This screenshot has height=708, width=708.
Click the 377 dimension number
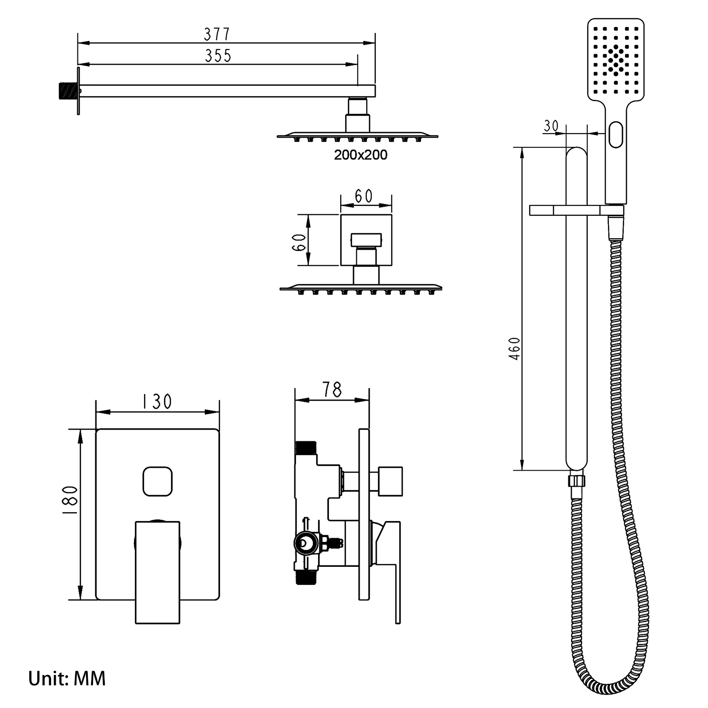(x=217, y=34)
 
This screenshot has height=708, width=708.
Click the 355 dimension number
(x=218, y=56)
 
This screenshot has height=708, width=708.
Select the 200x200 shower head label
(x=361, y=155)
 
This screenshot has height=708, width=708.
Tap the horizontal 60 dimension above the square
(x=363, y=196)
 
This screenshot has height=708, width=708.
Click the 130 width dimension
(x=157, y=402)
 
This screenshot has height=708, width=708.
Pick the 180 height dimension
(x=70, y=499)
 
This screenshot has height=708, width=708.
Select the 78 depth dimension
(x=332, y=390)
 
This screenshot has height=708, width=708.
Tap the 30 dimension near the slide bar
(x=551, y=126)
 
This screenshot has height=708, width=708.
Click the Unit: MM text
(x=67, y=679)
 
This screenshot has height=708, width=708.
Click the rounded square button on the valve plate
(x=158, y=481)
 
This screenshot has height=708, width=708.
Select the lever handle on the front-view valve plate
(x=158, y=572)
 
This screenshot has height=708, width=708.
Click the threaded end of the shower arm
(x=67, y=91)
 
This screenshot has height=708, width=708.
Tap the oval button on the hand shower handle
(x=616, y=134)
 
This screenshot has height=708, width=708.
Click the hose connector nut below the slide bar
(x=577, y=480)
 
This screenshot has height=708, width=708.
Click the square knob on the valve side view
(x=390, y=481)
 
